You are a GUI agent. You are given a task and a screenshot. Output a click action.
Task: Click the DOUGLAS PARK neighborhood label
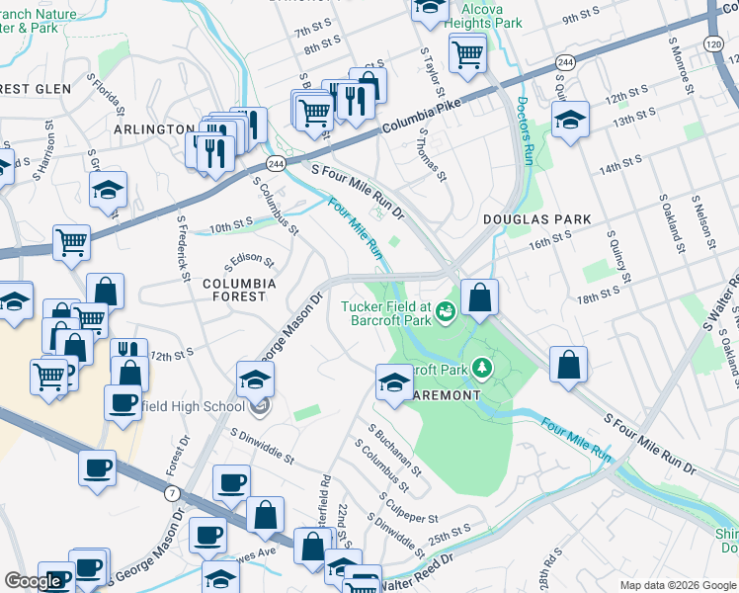click(536, 219)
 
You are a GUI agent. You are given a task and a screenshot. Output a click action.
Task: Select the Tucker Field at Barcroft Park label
click(386, 313)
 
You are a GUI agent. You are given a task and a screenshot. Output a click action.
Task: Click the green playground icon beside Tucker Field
click(446, 313)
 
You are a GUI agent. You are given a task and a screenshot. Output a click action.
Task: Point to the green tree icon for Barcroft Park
click(482, 369)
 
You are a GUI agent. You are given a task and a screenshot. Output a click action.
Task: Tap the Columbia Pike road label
click(421, 110)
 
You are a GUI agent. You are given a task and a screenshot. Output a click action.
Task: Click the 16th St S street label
click(549, 238)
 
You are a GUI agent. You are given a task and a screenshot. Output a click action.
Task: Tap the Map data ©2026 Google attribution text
click(677, 585)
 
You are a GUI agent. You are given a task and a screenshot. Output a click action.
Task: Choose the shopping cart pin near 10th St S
click(72, 243)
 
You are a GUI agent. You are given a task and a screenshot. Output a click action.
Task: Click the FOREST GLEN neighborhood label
click(35, 89)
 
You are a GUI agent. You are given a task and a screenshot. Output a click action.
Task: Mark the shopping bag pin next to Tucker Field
click(479, 298)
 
